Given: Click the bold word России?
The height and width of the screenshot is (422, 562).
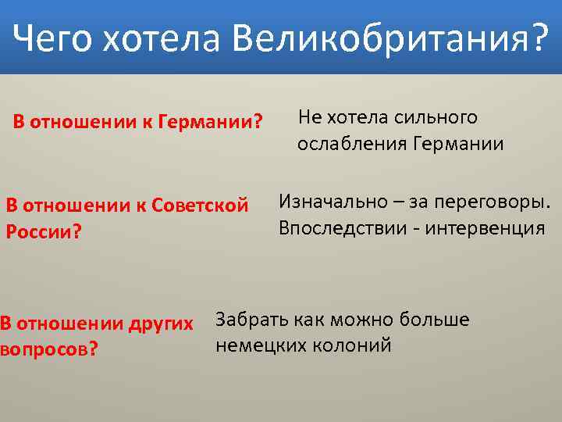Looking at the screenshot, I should click(x=44, y=233).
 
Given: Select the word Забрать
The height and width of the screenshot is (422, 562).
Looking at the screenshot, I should click(x=247, y=319).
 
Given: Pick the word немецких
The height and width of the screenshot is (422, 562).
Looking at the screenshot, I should click(x=254, y=345).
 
